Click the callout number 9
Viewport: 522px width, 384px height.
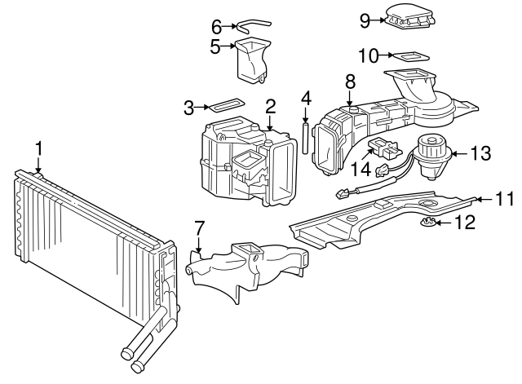pyautogui.click(x=365, y=20)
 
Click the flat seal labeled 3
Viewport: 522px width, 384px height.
pyautogui.click(x=223, y=106)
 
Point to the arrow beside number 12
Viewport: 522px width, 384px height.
pyautogui.click(x=440, y=223)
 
